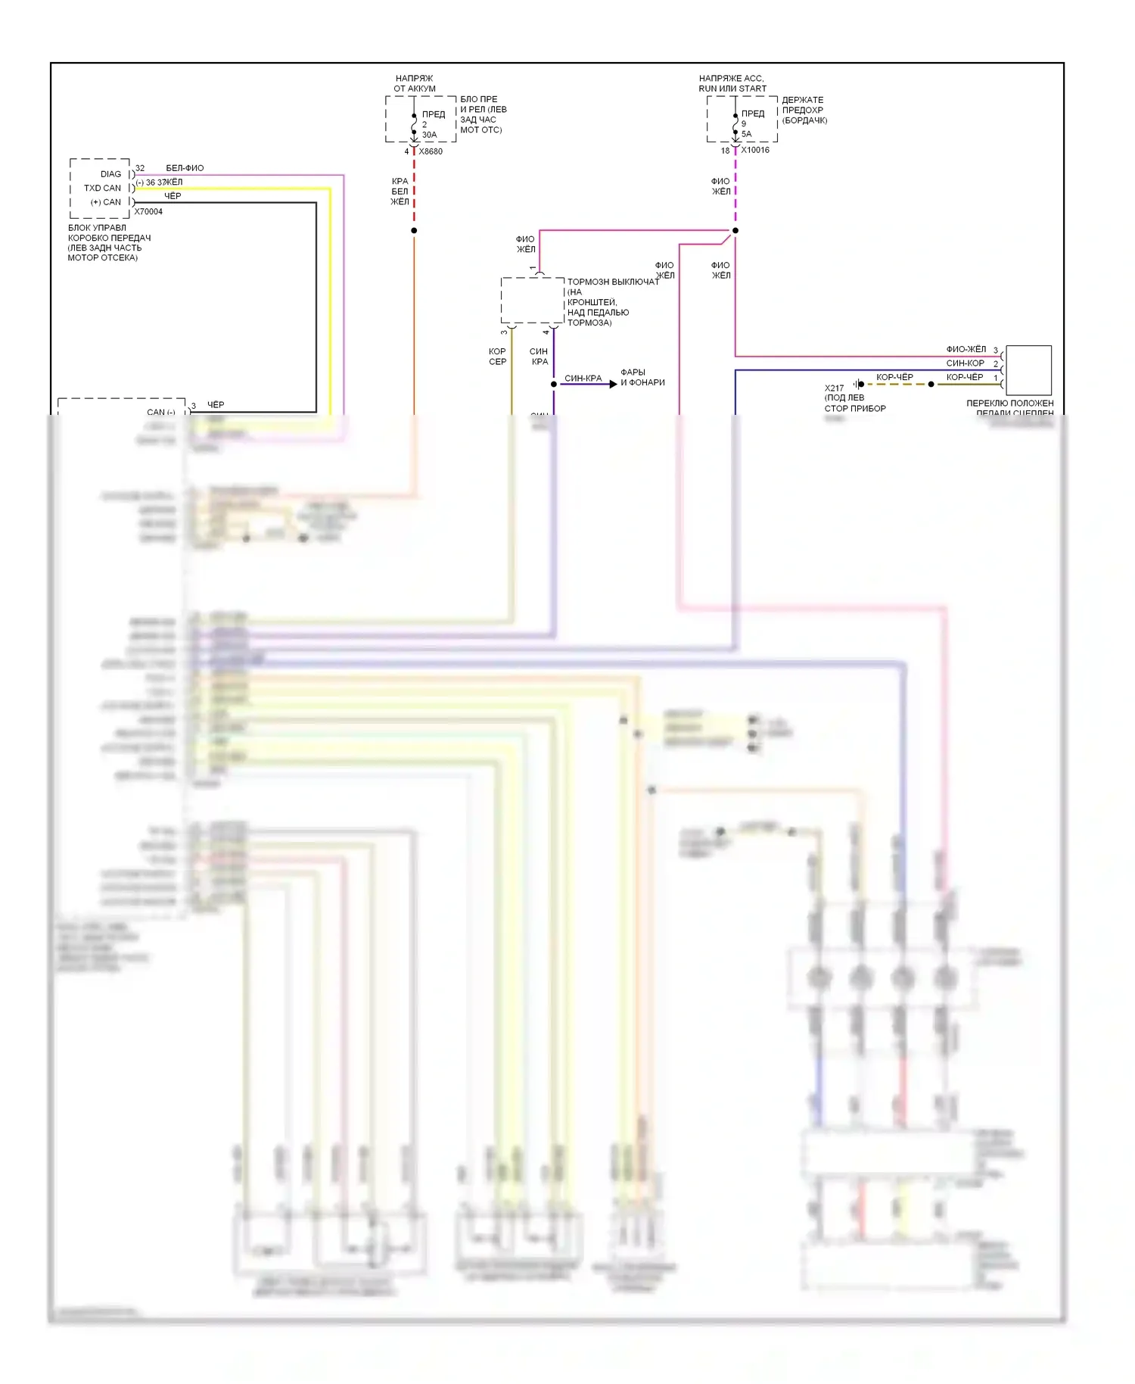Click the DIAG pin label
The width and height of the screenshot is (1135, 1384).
[x=110, y=174]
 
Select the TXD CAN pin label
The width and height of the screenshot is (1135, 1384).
[x=102, y=188]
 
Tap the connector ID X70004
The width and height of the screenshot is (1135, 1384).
[x=148, y=212]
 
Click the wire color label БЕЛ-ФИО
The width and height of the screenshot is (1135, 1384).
[x=185, y=168]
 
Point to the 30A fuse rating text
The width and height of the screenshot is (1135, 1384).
[x=429, y=135]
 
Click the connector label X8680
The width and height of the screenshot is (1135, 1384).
[x=431, y=151]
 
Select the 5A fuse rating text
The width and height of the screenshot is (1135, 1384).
[x=746, y=134]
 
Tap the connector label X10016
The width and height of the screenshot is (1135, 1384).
[x=755, y=150]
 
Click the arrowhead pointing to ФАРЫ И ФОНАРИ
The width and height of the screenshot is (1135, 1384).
[x=613, y=384]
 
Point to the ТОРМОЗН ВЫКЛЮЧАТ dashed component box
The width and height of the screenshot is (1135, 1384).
[x=533, y=300]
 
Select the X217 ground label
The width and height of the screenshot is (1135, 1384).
[x=834, y=388]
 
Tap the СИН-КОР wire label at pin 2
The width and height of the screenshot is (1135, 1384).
[x=965, y=363]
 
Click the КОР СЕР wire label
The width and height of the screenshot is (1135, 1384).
[x=497, y=357]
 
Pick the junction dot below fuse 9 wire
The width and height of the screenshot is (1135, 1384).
[x=735, y=230]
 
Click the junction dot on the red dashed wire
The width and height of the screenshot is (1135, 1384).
[x=414, y=230]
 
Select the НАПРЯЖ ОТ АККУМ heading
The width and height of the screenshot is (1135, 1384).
[x=415, y=83]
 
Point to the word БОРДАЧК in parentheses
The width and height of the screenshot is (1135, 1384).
[x=804, y=120]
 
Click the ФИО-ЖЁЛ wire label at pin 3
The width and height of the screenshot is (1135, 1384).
[x=966, y=349]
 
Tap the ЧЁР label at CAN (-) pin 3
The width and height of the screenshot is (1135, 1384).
[x=216, y=405]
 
